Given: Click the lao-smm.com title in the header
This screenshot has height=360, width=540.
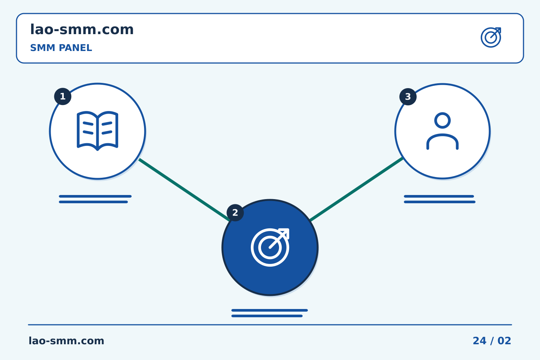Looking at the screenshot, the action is pyautogui.click(x=82, y=30).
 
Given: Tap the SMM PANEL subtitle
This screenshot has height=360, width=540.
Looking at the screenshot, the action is pyautogui.click(x=61, y=48).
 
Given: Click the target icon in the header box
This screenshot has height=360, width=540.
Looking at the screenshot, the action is pyautogui.click(x=491, y=37).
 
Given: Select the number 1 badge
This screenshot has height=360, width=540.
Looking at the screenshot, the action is pyautogui.click(x=63, y=96).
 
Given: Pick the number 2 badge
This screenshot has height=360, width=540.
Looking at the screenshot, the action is pyautogui.click(x=235, y=213).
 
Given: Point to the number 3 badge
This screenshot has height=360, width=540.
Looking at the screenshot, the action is pyautogui.click(x=408, y=97).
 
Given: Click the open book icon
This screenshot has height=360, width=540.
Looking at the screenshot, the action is pyautogui.click(x=97, y=131).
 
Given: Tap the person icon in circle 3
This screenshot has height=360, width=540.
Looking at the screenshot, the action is pyautogui.click(x=442, y=131).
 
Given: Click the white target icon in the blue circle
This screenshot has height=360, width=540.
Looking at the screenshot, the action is pyautogui.click(x=270, y=247).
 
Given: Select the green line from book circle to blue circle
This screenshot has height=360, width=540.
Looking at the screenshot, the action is pyautogui.click(x=184, y=190).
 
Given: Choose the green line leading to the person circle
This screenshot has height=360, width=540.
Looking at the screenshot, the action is pyautogui.click(x=357, y=189).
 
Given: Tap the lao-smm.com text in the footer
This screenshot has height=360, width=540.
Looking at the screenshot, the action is pyautogui.click(x=66, y=341).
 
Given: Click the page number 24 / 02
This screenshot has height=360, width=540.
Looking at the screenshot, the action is pyautogui.click(x=492, y=341).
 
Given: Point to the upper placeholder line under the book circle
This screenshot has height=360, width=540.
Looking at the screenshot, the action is pyautogui.click(x=95, y=196).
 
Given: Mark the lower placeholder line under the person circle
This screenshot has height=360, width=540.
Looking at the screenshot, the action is pyautogui.click(x=440, y=202).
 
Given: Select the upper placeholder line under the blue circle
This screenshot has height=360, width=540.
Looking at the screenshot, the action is pyautogui.click(x=270, y=310).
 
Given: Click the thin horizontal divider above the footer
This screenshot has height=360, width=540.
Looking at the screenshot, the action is pyautogui.click(x=270, y=325).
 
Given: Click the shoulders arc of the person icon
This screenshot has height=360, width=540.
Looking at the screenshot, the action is pyautogui.click(x=442, y=135).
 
